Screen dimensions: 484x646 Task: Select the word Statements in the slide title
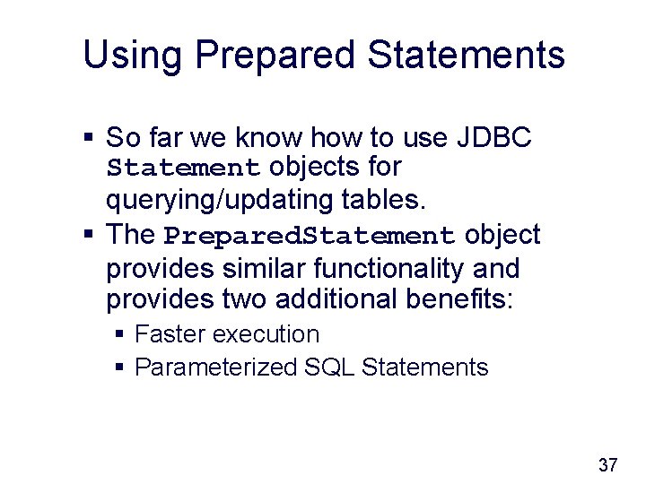pos(467,55)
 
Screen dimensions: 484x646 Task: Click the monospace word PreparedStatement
pos(310,236)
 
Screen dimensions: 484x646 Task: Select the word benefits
pos(457,298)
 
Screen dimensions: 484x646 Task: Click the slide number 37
pos(607,465)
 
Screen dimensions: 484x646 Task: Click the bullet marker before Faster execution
pos(121,335)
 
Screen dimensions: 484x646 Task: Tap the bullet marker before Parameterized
pos(121,368)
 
